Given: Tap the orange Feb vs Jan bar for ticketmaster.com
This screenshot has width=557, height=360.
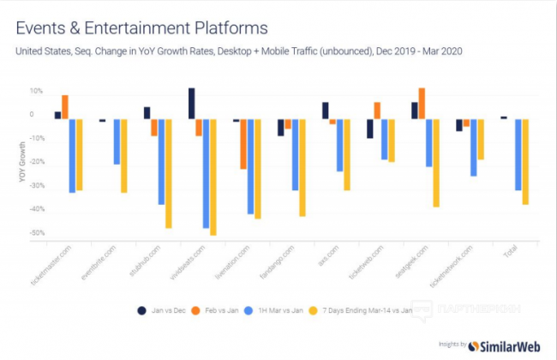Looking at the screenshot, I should pyautogui.click(x=65, y=107).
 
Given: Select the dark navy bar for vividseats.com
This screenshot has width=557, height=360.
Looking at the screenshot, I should pyautogui.click(x=191, y=103).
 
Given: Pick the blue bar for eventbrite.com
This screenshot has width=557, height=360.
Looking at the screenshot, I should pyautogui.click(x=116, y=141).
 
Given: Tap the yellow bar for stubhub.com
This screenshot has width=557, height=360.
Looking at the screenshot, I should pyautogui.click(x=168, y=173).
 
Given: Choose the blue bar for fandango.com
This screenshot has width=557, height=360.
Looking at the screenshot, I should pyautogui.click(x=295, y=154).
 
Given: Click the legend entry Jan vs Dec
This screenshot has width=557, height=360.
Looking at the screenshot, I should pyautogui.click(x=161, y=309).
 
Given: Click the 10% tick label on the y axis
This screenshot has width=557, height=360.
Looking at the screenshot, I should pyautogui.click(x=37, y=91).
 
